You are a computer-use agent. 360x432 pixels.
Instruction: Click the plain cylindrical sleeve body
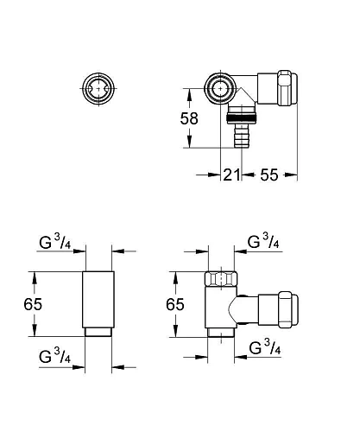98,298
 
